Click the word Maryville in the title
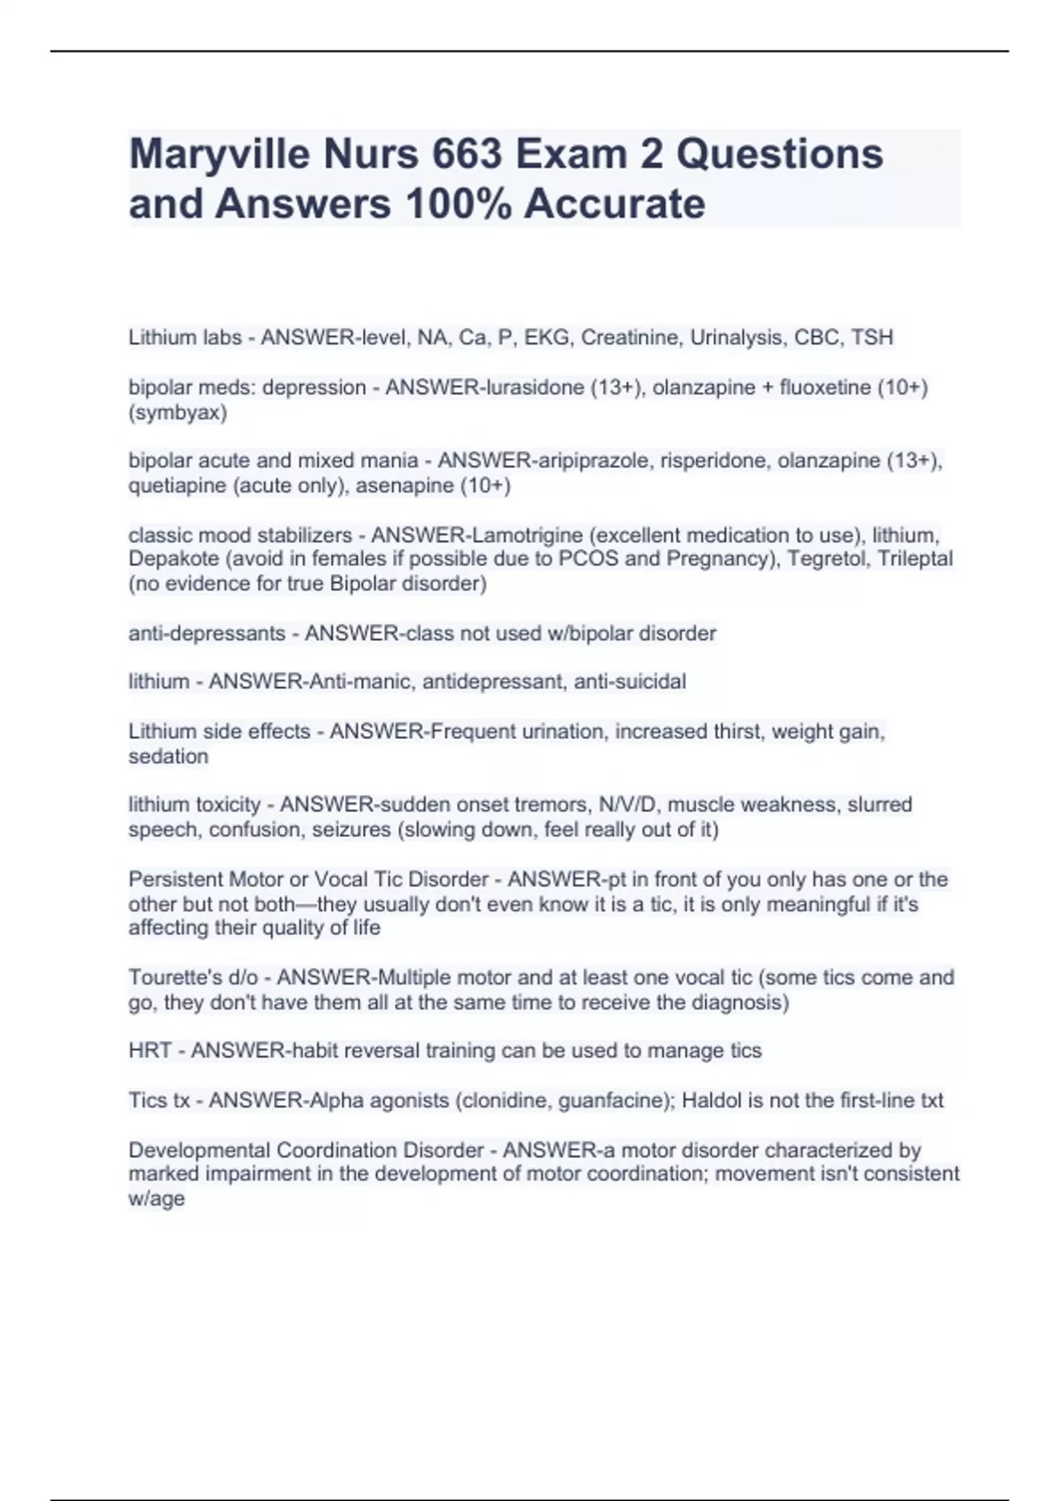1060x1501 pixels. [217, 155]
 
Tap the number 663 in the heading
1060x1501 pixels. [468, 155]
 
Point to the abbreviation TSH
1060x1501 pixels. [872, 337]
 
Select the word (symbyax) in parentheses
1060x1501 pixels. [178, 412]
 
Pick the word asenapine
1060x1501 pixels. [399, 486]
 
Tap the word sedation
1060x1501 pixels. [169, 757]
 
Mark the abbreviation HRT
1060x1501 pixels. [149, 1051]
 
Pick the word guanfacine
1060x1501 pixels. [624, 1101]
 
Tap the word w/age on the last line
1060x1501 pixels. [156, 1199]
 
